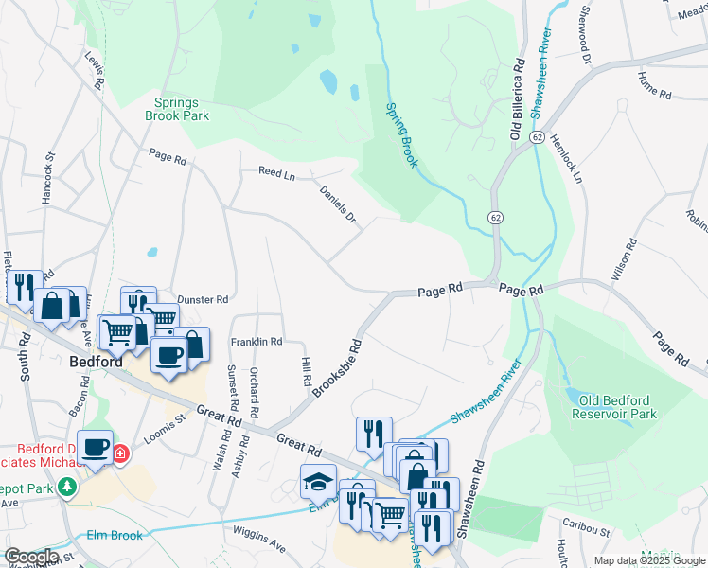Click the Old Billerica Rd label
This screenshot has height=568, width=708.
coord(518,98)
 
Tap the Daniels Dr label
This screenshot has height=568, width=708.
coord(339,204)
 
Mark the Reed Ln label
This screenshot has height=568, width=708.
coord(277,172)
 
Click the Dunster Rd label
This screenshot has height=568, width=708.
coord(203,299)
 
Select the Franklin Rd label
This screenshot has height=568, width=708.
coord(257,341)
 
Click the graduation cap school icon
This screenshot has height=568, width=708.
coord(318,482)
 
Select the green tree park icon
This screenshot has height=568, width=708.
coord(66,487)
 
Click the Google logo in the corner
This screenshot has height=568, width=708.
coord(31,557)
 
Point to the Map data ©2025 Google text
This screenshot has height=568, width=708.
coord(648,560)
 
